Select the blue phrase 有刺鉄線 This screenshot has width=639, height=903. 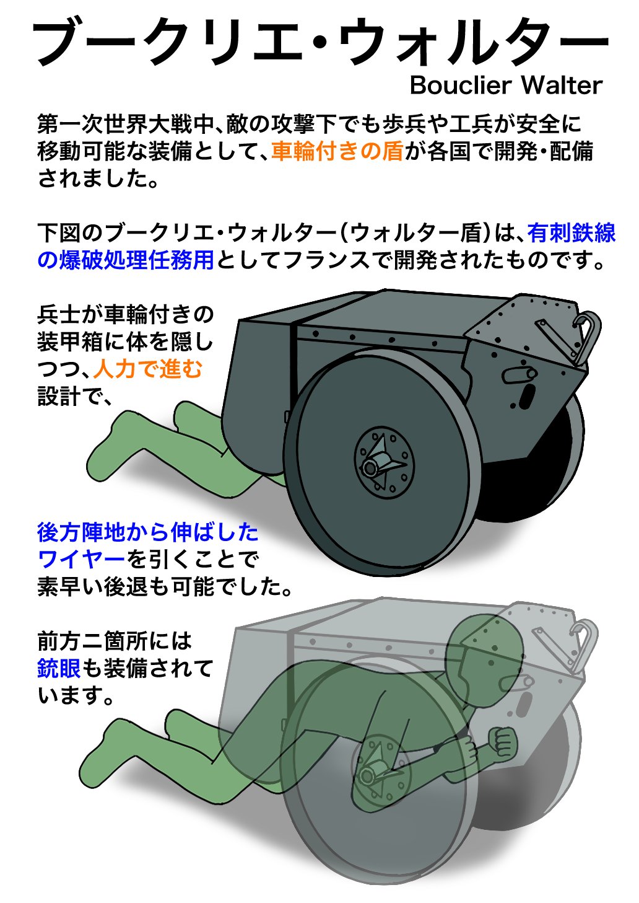pos(572,233)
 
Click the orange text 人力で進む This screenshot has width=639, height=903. pos(147,369)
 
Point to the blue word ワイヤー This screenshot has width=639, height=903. pos(81,559)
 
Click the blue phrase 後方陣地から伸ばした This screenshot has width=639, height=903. pos(148,532)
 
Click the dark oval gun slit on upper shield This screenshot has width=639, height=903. pos(527,396)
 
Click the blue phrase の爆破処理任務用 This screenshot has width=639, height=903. pos(126,260)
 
